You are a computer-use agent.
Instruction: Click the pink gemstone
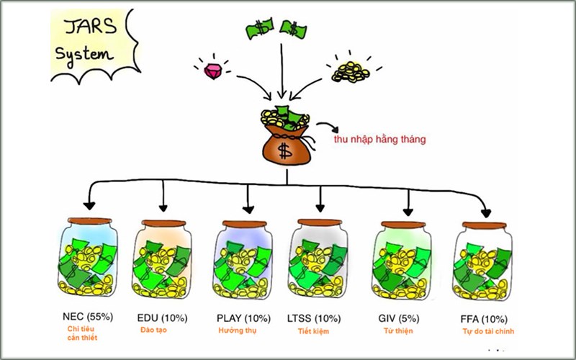214,71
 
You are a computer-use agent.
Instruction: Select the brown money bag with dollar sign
284,140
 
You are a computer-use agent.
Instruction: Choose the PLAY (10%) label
243,318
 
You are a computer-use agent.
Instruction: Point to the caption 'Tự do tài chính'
487,331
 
